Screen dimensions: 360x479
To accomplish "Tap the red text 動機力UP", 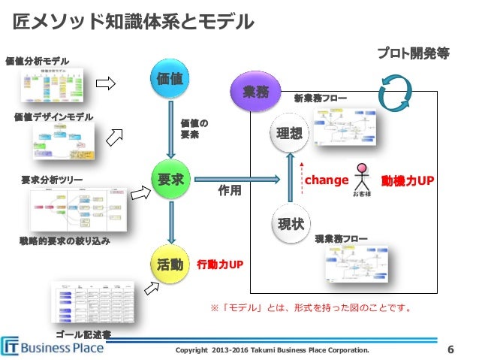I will [x=408, y=180].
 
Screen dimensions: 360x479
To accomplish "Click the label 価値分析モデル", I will [x=37, y=60].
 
